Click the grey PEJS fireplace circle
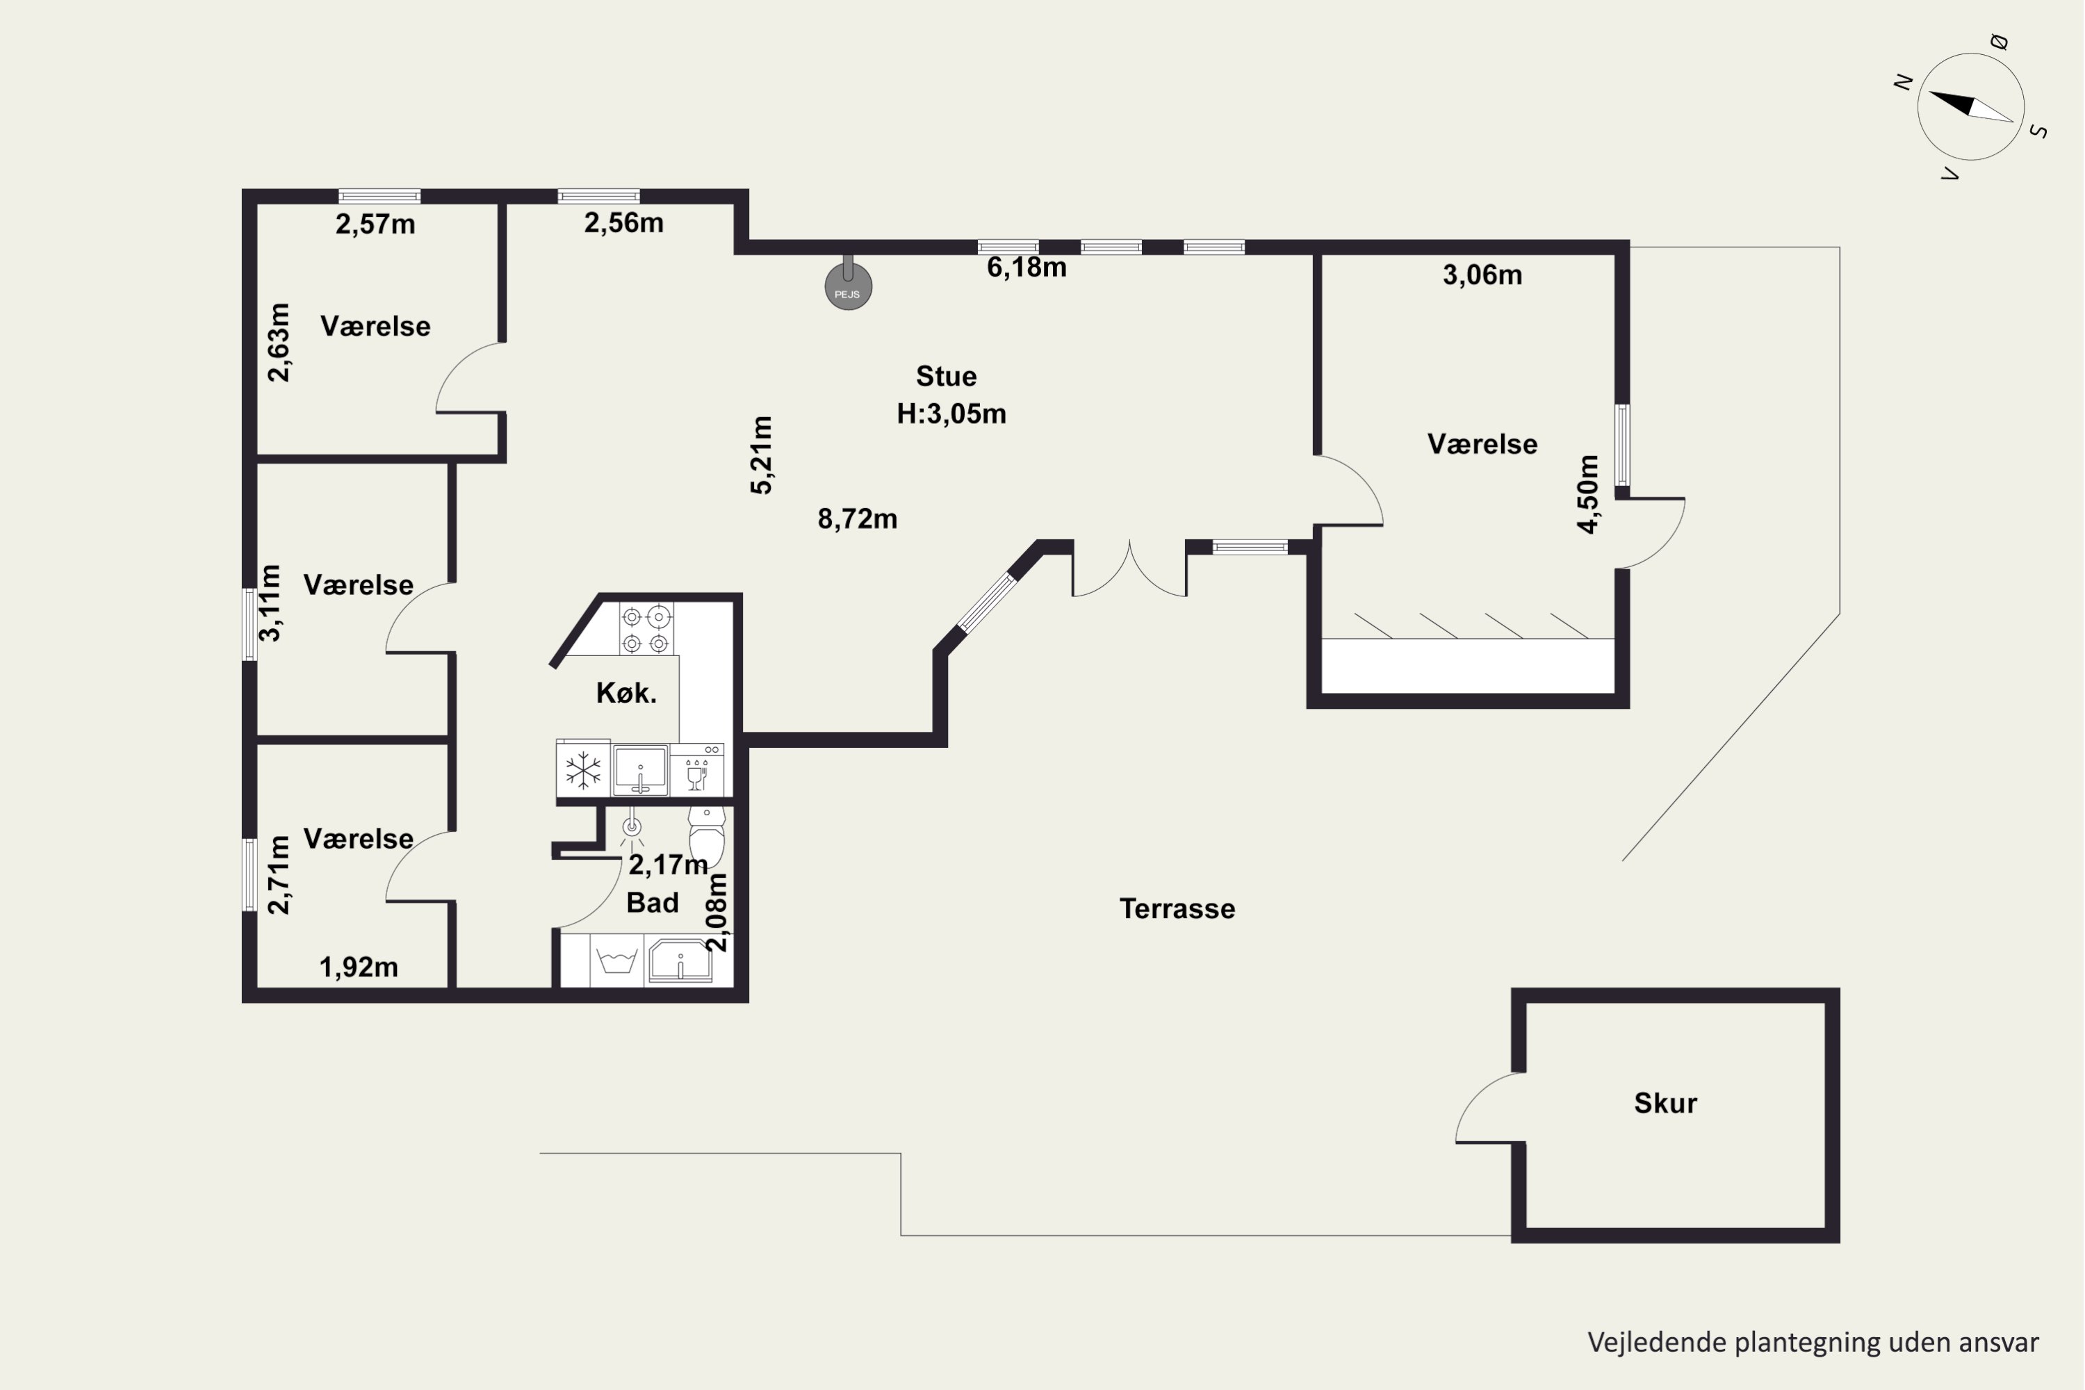click(849, 286)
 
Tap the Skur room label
click(1665, 1103)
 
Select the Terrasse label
click(1177, 908)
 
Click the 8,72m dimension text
click(857, 518)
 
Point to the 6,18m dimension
click(1027, 267)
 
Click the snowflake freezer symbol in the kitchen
click(583, 769)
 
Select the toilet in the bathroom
click(707, 836)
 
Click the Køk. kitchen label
click(627, 692)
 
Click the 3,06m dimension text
click(1482, 275)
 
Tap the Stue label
click(947, 376)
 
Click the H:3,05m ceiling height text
click(951, 414)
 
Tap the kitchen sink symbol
click(640, 770)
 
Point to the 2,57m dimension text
click(375, 224)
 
